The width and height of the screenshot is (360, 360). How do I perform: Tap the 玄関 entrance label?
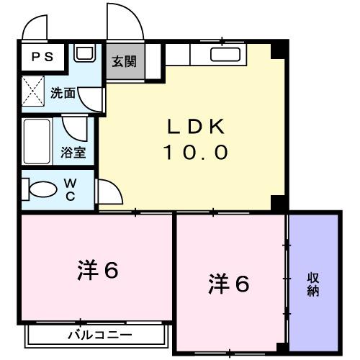pyautogui.click(x=123, y=63)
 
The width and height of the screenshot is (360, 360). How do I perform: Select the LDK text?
pyautogui.click(x=196, y=127)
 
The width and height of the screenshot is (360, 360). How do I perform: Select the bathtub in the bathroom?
pyautogui.click(x=36, y=142)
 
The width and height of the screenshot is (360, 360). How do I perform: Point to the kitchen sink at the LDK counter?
pyautogui.click(x=225, y=53)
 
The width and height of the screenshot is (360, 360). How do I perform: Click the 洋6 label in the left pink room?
pyautogui.click(x=98, y=271)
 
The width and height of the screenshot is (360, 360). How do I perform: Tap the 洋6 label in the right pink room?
pyautogui.click(x=230, y=284)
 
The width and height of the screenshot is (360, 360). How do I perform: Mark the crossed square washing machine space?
pyautogui.click(x=32, y=93)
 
